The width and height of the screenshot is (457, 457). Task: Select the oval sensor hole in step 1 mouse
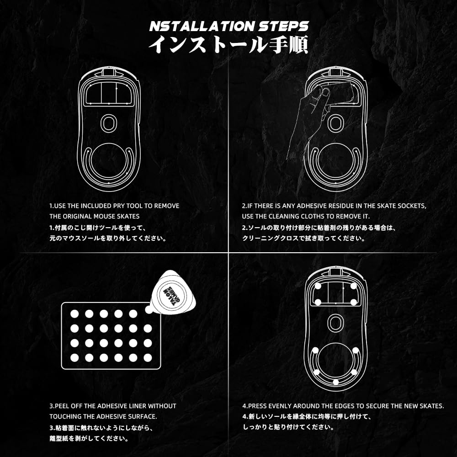coord(109,123)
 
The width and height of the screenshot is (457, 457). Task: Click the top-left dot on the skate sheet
coord(74,314)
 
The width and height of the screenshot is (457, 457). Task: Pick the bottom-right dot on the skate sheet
coord(148,357)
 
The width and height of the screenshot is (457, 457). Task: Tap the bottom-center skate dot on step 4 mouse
coord(335,382)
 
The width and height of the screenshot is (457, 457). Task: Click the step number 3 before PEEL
coord(51,406)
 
